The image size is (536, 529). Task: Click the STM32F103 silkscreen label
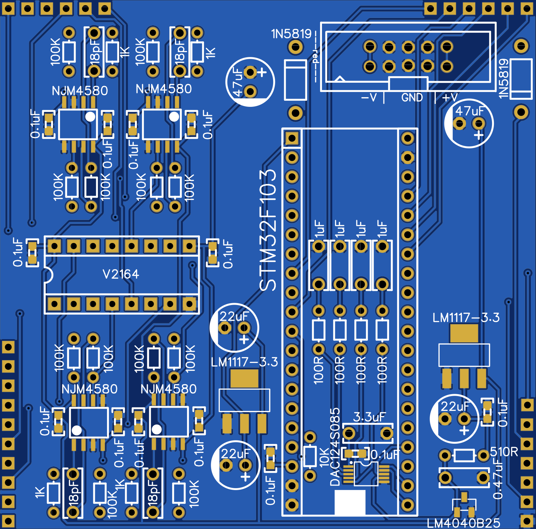[268, 230]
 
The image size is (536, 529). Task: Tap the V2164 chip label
[121, 274]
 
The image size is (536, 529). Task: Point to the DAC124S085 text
[335, 447]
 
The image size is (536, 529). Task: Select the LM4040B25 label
[463, 523]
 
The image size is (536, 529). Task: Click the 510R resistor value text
[504, 452]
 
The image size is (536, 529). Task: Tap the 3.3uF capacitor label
[369, 417]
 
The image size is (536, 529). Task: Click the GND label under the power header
[412, 97]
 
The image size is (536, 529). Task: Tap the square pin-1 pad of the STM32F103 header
[292, 139]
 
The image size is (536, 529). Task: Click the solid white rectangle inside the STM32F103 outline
[350, 502]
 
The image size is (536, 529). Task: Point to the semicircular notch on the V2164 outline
[48, 275]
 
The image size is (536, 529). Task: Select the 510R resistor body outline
[464, 455]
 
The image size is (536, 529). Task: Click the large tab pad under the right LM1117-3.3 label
[464, 333]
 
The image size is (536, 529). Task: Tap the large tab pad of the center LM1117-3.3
[244, 378]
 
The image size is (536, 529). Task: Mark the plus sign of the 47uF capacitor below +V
[479, 135]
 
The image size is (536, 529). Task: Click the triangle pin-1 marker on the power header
[340, 79]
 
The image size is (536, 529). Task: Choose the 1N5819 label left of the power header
[291, 34]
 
